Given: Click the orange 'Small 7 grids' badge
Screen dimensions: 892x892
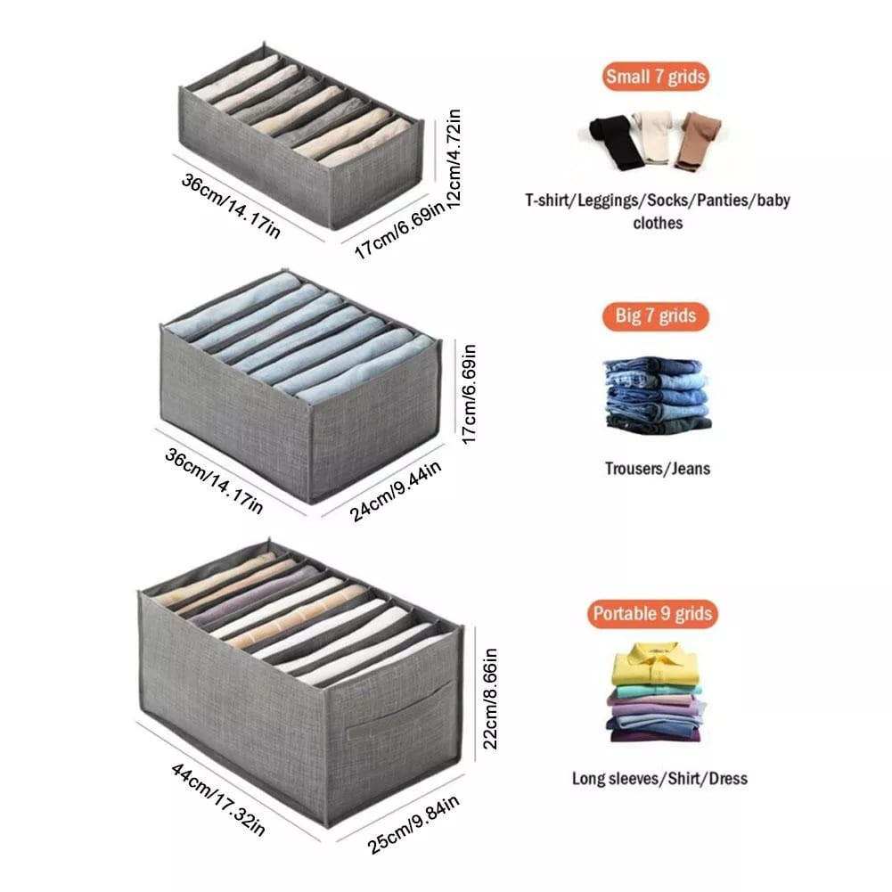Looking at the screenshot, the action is click(655, 77).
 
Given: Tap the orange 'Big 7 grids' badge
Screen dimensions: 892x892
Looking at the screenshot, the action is click(655, 316).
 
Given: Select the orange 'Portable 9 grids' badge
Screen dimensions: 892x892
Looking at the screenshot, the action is click(653, 614).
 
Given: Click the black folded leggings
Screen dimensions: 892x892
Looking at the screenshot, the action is click(612, 142).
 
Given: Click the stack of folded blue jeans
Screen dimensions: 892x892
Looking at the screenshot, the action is click(657, 393).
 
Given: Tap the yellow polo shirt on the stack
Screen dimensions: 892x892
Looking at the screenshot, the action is click(655, 664).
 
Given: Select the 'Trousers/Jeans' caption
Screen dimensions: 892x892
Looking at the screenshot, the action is click(657, 468).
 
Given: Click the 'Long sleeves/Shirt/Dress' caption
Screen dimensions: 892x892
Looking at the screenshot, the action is click(659, 778).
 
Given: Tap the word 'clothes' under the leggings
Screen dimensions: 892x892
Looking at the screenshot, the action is click(658, 223).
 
